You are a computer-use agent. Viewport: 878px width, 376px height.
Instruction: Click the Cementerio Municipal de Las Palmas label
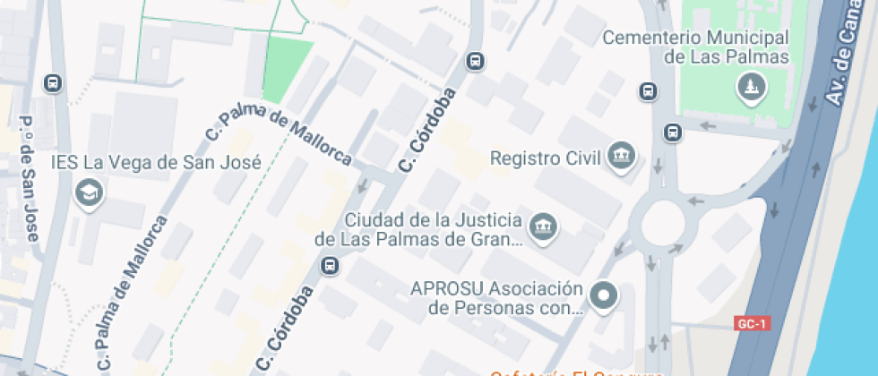[x=695, y=47]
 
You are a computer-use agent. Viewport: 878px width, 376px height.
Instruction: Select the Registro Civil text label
[x=545, y=158]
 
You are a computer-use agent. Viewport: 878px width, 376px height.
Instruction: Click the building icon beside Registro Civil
[x=620, y=157]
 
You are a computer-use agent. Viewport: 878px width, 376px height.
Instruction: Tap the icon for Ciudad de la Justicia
[x=542, y=228]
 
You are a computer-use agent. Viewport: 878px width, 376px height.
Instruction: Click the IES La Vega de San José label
[x=156, y=163]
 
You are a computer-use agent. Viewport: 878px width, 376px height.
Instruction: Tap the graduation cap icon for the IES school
[x=89, y=192]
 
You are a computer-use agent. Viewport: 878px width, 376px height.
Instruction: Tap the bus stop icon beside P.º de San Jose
[x=53, y=83]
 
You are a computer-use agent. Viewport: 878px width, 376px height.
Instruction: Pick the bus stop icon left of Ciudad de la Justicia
[x=330, y=265]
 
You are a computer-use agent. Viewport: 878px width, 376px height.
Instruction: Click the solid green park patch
[x=287, y=69]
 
